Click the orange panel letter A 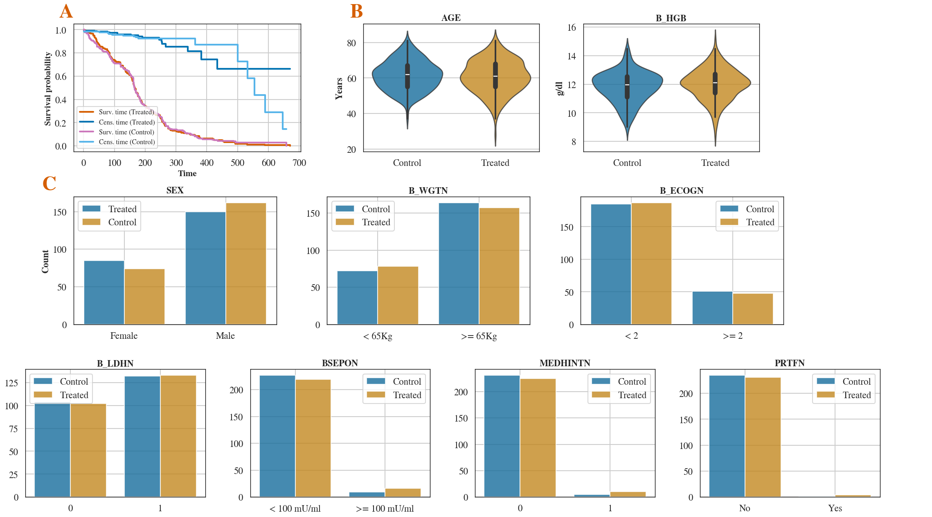click(x=66, y=11)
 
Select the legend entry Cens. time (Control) click(x=126, y=142)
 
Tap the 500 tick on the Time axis click(x=237, y=163)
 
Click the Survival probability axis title click(x=48, y=88)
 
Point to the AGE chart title click(x=451, y=18)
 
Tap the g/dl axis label click(x=559, y=88)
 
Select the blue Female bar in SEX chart click(x=104, y=293)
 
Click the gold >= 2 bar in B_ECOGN click(x=753, y=309)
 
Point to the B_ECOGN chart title click(x=682, y=190)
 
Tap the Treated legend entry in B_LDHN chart click(x=74, y=395)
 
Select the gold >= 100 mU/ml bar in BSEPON click(x=403, y=492)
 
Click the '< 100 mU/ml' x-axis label click(x=295, y=508)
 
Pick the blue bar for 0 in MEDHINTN click(x=502, y=436)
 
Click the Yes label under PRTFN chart click(x=835, y=508)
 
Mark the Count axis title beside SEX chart click(x=45, y=261)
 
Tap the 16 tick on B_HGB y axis click(x=571, y=28)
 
